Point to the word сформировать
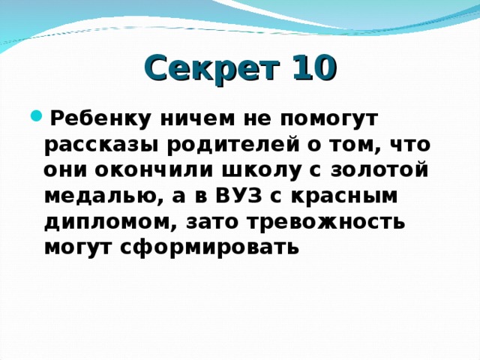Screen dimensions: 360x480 (x=209, y=248)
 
